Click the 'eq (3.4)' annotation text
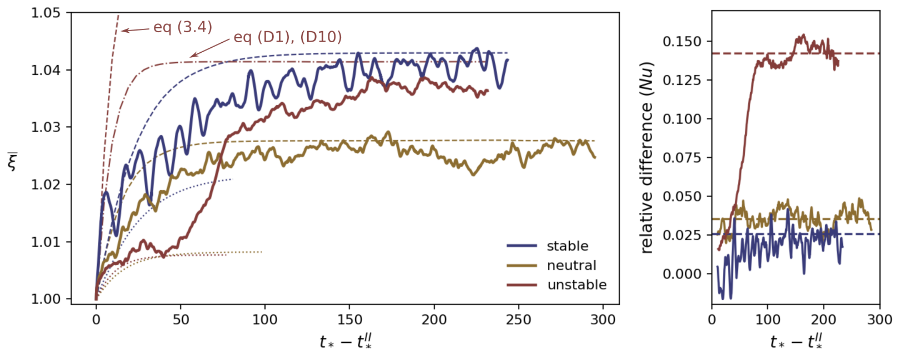click(x=183, y=27)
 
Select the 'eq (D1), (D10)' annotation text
click(x=288, y=37)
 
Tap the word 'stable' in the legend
click(x=567, y=246)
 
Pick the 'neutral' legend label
click(x=571, y=266)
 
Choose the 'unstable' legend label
click(x=577, y=285)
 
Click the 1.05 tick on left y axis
click(x=46, y=13)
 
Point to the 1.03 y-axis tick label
click(x=46, y=127)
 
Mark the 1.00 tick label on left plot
click(x=46, y=299)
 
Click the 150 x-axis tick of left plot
click(x=349, y=320)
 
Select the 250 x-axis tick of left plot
click(x=518, y=320)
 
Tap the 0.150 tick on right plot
click(x=682, y=41)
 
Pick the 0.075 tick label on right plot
click(x=682, y=158)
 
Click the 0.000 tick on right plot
click(x=682, y=274)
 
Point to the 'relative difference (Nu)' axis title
click(x=647, y=158)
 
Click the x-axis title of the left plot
click(x=346, y=342)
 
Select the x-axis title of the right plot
click(x=796, y=342)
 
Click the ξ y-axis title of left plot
click(x=13, y=162)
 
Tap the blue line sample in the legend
click(x=522, y=246)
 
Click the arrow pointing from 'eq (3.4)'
click(x=135, y=30)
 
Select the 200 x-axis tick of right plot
click(x=824, y=320)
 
